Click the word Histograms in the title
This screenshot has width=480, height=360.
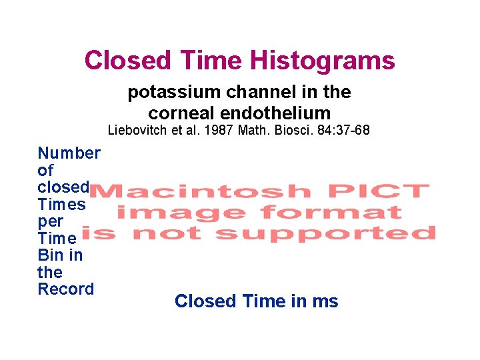click(x=322, y=61)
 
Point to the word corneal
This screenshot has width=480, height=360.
click(x=179, y=113)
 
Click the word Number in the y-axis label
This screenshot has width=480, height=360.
click(x=69, y=153)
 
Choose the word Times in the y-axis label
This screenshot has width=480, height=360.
click(x=62, y=205)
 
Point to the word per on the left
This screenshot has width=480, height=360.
click(x=51, y=221)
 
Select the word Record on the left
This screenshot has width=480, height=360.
click(x=66, y=289)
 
